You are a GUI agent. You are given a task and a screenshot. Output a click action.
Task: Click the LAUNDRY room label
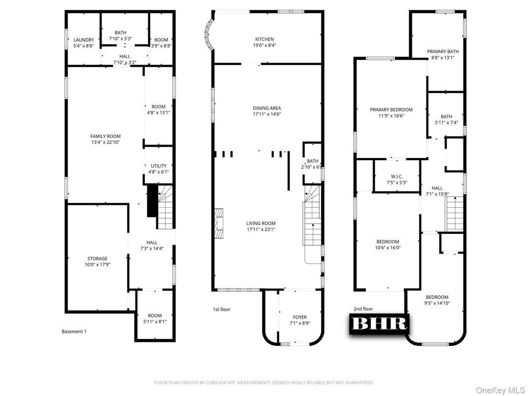[83, 40]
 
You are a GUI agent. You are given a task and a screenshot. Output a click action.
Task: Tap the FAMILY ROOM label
[105, 136]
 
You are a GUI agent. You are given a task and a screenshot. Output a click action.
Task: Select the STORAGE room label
[98, 259]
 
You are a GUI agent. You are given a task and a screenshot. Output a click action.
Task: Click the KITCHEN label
[264, 39]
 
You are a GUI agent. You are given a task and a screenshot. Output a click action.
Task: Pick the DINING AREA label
[267, 108]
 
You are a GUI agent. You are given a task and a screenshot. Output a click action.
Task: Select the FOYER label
[299, 317]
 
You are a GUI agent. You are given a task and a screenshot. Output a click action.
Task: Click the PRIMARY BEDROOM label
[391, 110]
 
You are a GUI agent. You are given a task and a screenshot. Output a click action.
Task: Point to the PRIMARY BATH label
[443, 51]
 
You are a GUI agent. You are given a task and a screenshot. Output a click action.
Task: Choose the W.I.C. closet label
[397, 176]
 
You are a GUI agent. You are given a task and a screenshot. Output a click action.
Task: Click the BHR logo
[378, 323]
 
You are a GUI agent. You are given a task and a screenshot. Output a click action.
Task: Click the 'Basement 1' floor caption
[74, 331]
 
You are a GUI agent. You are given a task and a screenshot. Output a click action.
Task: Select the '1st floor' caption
[221, 309]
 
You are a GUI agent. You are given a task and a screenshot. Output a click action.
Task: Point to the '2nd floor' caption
[363, 309]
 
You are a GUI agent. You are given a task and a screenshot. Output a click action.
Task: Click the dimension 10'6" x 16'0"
[388, 248]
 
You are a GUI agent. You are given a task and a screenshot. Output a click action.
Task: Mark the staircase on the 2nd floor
[455, 213]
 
